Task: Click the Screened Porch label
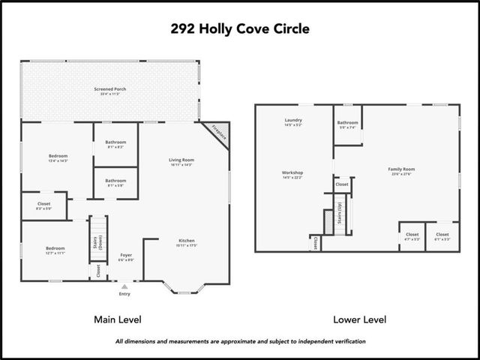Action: point(110,89)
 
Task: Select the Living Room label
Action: point(181,160)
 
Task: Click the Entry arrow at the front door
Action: point(124,286)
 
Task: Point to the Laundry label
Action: point(293,121)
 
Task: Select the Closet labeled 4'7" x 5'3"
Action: point(412,235)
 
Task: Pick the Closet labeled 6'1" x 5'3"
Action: point(442,235)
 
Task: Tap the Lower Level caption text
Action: point(360,319)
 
